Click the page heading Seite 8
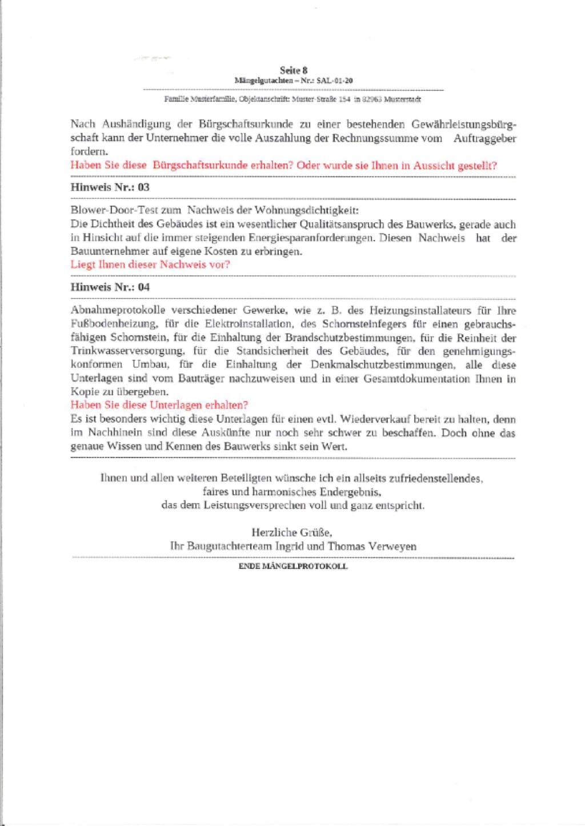pyautogui.click(x=294, y=70)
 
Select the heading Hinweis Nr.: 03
pyautogui.click(x=110, y=187)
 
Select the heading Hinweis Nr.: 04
pyautogui.click(x=110, y=287)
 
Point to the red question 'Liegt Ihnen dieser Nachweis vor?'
pyautogui.click(x=150, y=264)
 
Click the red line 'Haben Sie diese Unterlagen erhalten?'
pyautogui.click(x=159, y=405)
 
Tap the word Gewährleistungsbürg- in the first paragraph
pyautogui.click(x=464, y=125)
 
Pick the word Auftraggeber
pyautogui.click(x=485, y=138)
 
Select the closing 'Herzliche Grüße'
pyautogui.click(x=292, y=532)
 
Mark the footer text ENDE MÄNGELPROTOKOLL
pyautogui.click(x=292, y=566)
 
